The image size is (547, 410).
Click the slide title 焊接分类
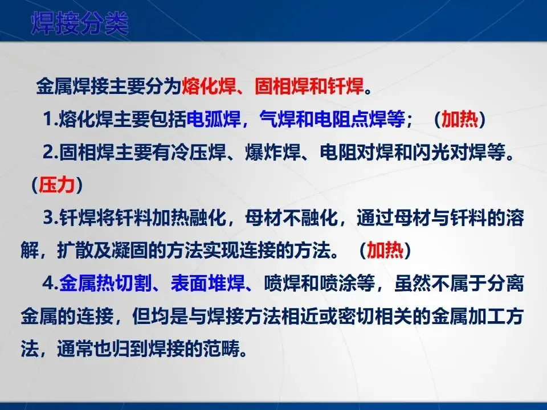click(80, 23)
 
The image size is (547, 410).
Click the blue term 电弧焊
click(214, 119)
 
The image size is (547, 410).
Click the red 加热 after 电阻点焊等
click(460, 119)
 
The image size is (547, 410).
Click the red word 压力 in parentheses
click(56, 184)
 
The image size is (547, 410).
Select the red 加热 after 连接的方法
click(385, 251)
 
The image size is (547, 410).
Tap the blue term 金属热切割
click(105, 283)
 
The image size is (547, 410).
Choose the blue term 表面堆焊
click(208, 283)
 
